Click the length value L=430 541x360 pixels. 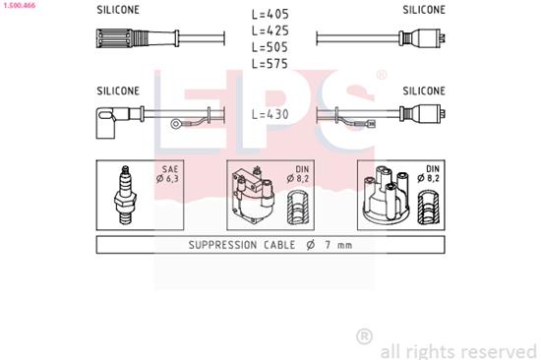[x=270, y=114]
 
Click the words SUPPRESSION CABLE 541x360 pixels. [x=235, y=245]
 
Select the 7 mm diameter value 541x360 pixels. [x=336, y=245]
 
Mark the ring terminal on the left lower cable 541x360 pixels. [x=177, y=124]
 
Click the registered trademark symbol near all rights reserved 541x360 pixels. [x=364, y=336]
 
